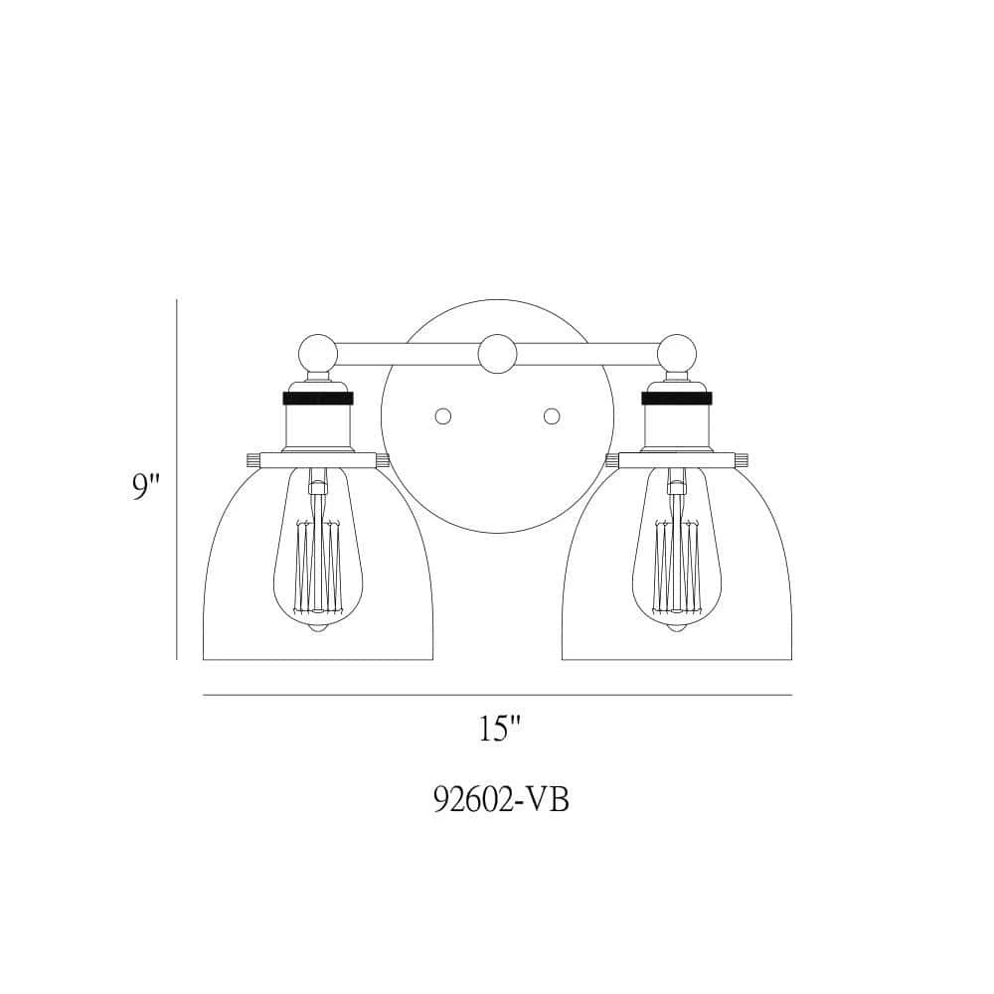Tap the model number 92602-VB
[501, 800]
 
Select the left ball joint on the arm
[318, 353]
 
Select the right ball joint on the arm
[676, 353]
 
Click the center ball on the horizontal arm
[497, 354]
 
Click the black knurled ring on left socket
[318, 398]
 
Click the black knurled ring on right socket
[676, 398]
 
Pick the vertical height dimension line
[177, 477]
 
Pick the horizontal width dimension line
[497, 695]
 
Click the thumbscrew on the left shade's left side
[250, 460]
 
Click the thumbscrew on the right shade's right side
[743, 460]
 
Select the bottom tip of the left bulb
[318, 630]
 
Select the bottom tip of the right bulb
[676, 630]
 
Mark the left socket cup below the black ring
[318, 427]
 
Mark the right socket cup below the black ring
[676, 427]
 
